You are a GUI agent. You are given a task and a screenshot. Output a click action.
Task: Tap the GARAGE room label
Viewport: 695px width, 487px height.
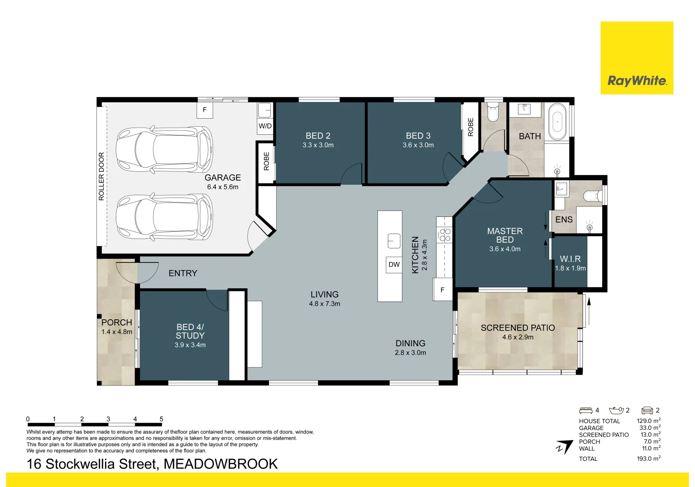point(223,178)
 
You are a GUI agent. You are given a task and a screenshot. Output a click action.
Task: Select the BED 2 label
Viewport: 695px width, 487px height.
point(318,136)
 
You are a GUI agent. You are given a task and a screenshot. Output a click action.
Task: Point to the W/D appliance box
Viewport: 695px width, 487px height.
point(265,126)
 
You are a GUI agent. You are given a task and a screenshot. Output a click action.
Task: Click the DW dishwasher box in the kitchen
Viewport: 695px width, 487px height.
point(394,265)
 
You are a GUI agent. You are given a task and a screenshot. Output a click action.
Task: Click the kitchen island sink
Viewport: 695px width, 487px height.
point(394,241)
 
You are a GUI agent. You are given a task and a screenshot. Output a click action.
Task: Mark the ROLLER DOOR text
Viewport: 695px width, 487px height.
point(101,176)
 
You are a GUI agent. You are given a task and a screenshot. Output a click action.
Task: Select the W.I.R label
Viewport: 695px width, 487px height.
point(570,259)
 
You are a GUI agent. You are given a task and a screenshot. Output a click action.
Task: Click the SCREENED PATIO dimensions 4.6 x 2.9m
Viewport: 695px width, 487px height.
point(518,337)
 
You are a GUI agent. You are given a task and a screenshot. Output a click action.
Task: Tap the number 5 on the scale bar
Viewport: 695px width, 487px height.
point(161,419)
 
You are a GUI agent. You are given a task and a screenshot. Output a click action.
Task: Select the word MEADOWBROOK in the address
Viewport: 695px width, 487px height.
point(221,464)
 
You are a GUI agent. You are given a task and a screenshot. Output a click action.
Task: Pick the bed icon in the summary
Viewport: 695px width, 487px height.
point(586,410)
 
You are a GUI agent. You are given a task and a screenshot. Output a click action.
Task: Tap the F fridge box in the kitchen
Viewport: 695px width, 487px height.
point(442,290)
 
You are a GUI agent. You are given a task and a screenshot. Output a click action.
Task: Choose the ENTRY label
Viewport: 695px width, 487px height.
point(183,273)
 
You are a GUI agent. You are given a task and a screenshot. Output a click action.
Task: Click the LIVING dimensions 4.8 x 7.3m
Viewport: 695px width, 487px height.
point(324,304)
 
